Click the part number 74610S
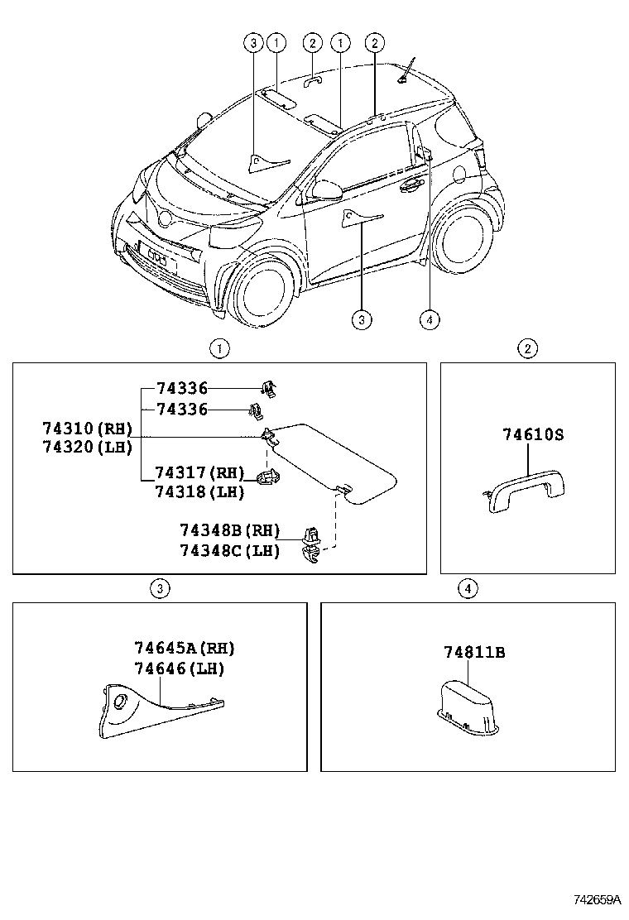click(x=533, y=434)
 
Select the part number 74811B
click(x=474, y=652)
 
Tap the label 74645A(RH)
click(x=190, y=649)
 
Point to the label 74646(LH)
click(x=179, y=668)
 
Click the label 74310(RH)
click(x=87, y=429)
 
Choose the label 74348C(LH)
click(x=229, y=550)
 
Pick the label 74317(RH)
click(x=199, y=473)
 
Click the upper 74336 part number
click(x=181, y=388)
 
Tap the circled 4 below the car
click(x=428, y=319)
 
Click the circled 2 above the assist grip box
click(x=528, y=348)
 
